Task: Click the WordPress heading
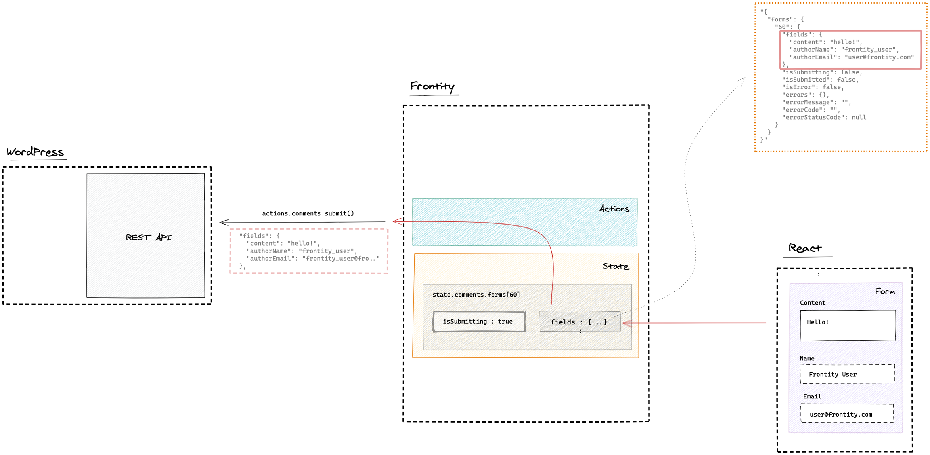[x=35, y=152]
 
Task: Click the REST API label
[x=149, y=238]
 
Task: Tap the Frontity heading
[x=432, y=86]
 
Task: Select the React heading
[x=805, y=248]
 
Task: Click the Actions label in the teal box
[x=614, y=209]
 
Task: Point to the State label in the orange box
[x=615, y=266]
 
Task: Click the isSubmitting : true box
[x=479, y=322]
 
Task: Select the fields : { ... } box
[x=579, y=322]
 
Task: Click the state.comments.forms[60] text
[x=476, y=295]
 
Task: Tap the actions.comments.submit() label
[x=308, y=213]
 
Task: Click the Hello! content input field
[x=848, y=325]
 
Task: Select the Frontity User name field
[x=847, y=374]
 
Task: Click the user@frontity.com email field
[x=847, y=414]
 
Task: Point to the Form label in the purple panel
[x=884, y=291]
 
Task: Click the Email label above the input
[x=812, y=396]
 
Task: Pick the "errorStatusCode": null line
[x=824, y=118]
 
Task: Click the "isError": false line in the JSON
[x=813, y=87]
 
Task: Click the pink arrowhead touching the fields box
[x=626, y=323]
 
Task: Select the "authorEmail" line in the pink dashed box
[x=313, y=259]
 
